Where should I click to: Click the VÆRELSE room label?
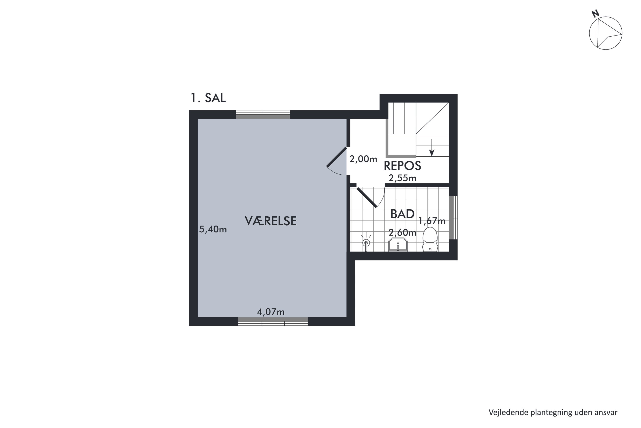coord(271,221)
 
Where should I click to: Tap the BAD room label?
coord(402,214)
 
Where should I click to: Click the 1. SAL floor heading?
coord(208,98)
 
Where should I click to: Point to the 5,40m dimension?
coord(213,229)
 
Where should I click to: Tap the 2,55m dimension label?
coord(402,178)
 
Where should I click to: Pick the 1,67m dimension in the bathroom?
coord(432,221)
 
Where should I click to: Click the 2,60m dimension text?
coord(402,233)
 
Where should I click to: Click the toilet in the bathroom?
coord(430,239)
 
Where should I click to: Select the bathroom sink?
coord(398,244)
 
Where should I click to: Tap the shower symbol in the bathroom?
coord(366,242)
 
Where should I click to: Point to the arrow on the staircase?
coord(432,147)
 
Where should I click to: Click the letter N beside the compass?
coord(595,14)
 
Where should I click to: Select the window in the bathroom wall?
coord(453,218)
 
